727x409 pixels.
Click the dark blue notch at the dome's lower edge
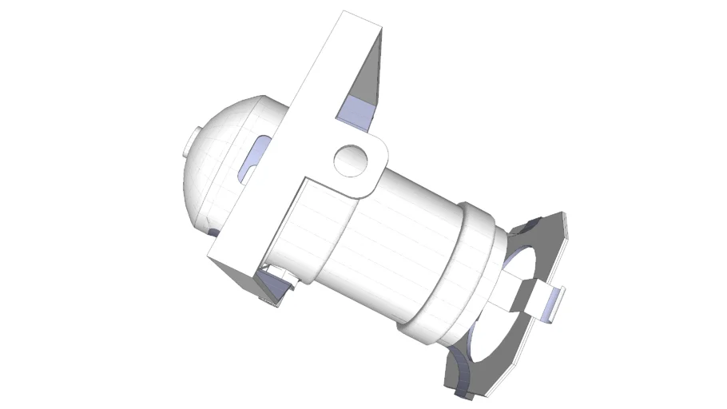[213, 232]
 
